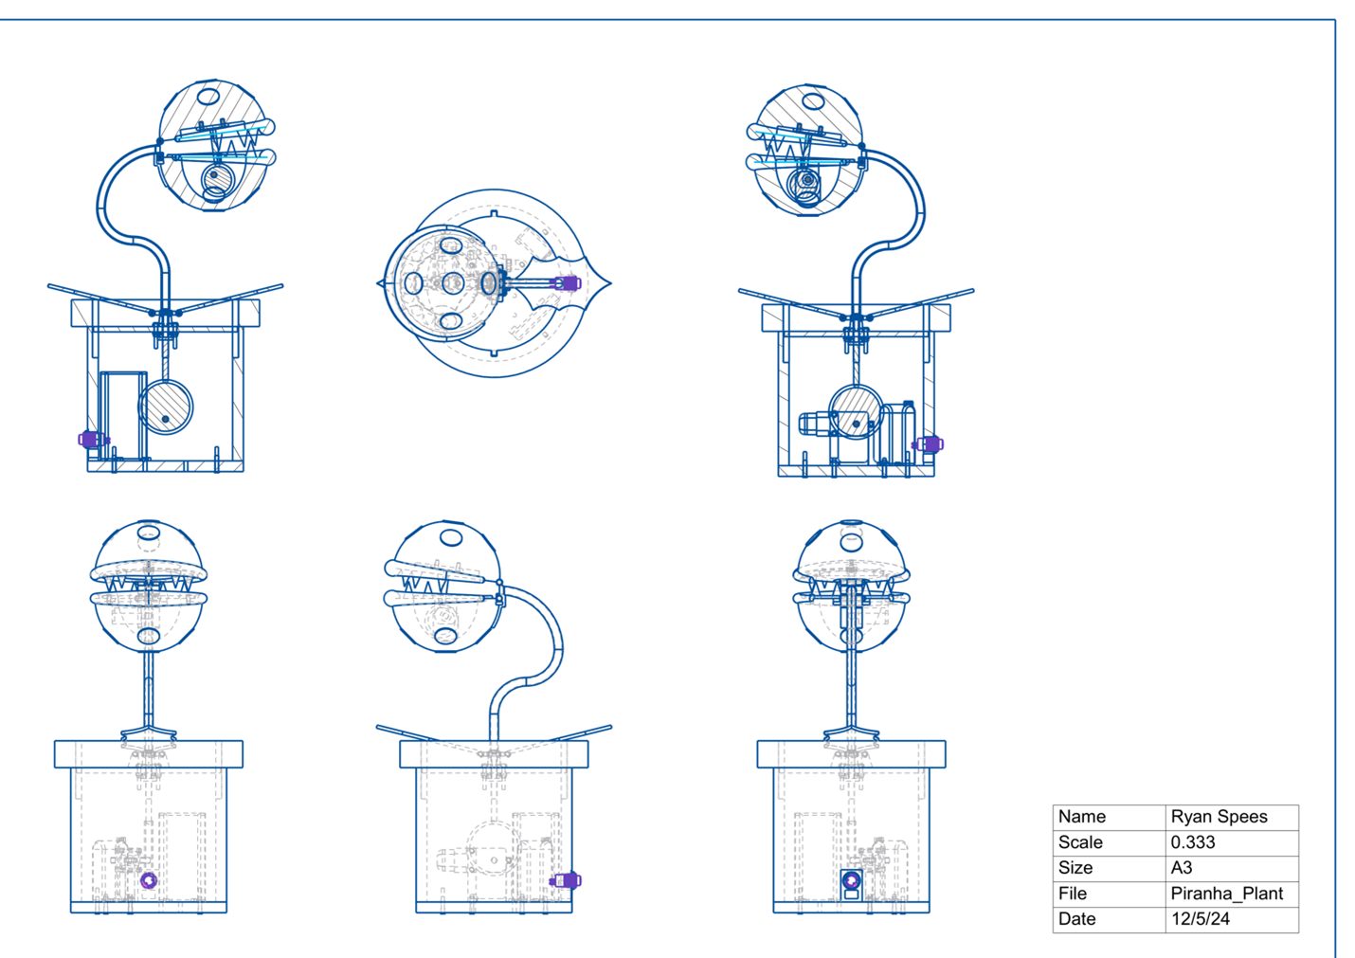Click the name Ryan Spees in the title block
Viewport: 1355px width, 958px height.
click(x=1219, y=817)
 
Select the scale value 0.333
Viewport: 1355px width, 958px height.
click(x=1193, y=841)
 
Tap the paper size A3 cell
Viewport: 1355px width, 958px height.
click(x=1182, y=867)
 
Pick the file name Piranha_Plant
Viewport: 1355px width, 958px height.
click(x=1227, y=894)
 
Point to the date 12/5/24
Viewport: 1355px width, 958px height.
click(x=1201, y=919)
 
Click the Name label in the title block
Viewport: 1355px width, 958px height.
click(x=1081, y=817)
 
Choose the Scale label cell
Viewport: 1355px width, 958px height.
click(x=1080, y=841)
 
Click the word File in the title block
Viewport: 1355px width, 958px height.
click(x=1073, y=894)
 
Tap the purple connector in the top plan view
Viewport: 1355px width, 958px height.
click(x=568, y=283)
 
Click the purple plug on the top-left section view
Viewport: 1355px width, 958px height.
click(x=91, y=439)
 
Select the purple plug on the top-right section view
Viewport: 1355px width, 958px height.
click(x=929, y=444)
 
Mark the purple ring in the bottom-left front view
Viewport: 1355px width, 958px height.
click(x=149, y=880)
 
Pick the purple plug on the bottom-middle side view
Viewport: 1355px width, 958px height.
click(x=566, y=880)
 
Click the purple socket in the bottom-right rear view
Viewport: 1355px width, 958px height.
click(x=851, y=880)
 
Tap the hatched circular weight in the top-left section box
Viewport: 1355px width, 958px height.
click(x=166, y=407)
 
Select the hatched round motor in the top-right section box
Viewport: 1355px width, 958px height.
click(x=856, y=412)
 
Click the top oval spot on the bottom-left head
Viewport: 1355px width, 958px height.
click(x=148, y=533)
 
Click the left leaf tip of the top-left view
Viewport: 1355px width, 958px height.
click(x=48, y=285)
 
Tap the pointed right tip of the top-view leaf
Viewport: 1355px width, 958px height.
click(x=611, y=282)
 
